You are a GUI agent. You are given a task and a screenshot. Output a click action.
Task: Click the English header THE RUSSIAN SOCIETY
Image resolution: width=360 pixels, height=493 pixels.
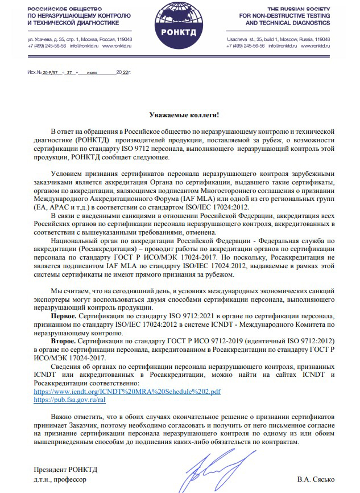(x=300, y=10)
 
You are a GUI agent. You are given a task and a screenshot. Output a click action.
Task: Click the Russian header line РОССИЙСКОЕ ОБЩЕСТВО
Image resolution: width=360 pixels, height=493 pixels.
(x=60, y=10)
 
